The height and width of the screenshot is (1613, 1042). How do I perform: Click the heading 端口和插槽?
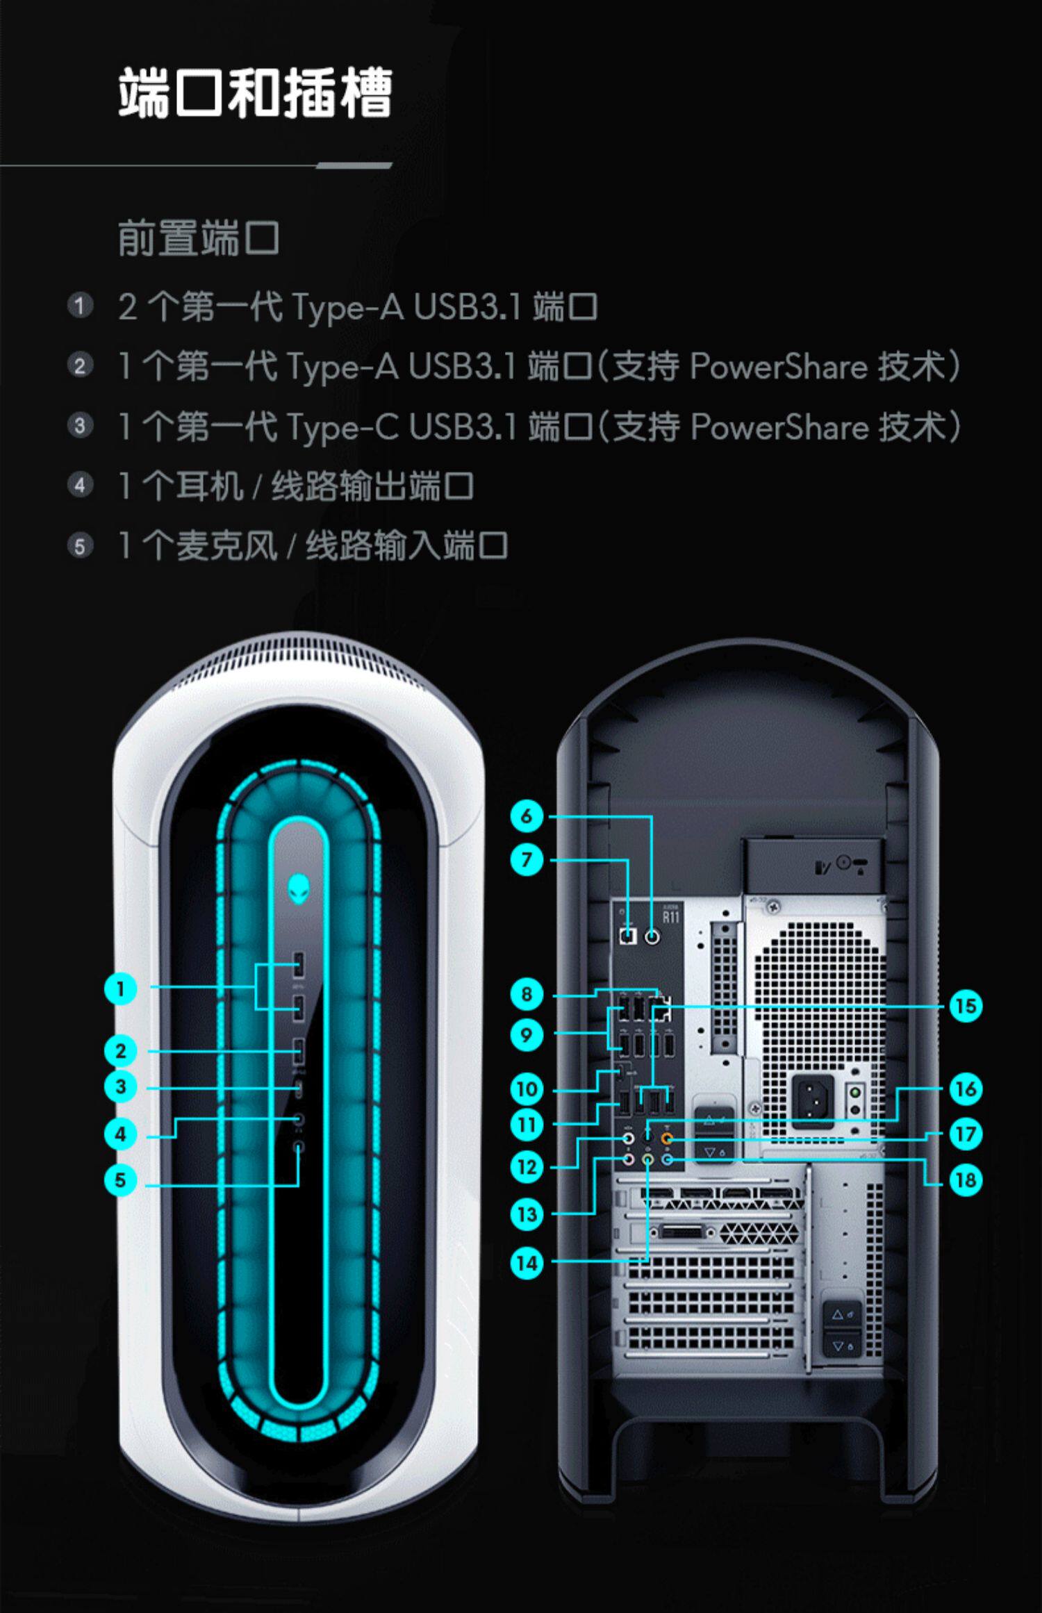pyautogui.click(x=255, y=92)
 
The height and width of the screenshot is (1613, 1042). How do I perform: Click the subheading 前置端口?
pyautogui.click(x=199, y=238)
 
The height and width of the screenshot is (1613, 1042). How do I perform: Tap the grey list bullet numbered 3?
pyautogui.click(x=80, y=426)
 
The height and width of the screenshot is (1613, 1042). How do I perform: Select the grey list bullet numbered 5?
pyautogui.click(x=80, y=546)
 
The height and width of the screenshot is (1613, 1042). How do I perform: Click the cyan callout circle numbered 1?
pyautogui.click(x=120, y=989)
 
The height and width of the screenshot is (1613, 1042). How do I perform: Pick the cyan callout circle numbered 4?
pyautogui.click(x=120, y=1134)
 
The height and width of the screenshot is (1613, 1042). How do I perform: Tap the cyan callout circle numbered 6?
pyautogui.click(x=527, y=816)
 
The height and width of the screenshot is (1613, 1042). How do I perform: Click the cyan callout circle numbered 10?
pyautogui.click(x=527, y=1089)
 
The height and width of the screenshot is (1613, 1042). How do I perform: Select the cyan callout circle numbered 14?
pyautogui.click(x=527, y=1263)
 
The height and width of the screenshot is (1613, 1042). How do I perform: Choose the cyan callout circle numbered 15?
pyautogui.click(x=966, y=1007)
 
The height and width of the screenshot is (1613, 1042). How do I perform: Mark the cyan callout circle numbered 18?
pyautogui.click(x=966, y=1180)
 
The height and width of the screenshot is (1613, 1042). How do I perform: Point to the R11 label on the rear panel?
pyautogui.click(x=670, y=917)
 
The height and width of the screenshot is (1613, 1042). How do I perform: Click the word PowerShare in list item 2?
pyautogui.click(x=779, y=366)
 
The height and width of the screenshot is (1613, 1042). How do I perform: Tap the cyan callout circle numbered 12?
pyautogui.click(x=527, y=1167)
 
